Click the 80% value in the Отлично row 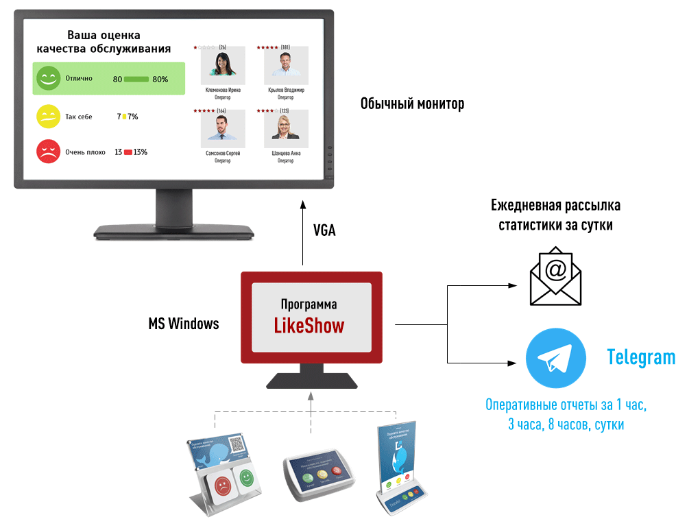pyautogui.click(x=160, y=80)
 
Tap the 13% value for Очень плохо pyautogui.click(x=141, y=152)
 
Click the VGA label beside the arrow pyautogui.click(x=324, y=230)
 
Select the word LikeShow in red pyautogui.click(x=309, y=325)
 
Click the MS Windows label pyautogui.click(x=184, y=324)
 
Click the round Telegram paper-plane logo pyautogui.click(x=555, y=359)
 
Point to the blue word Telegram pyautogui.click(x=640, y=357)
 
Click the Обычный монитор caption pyautogui.click(x=412, y=104)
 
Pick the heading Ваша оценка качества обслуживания pyautogui.click(x=104, y=41)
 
